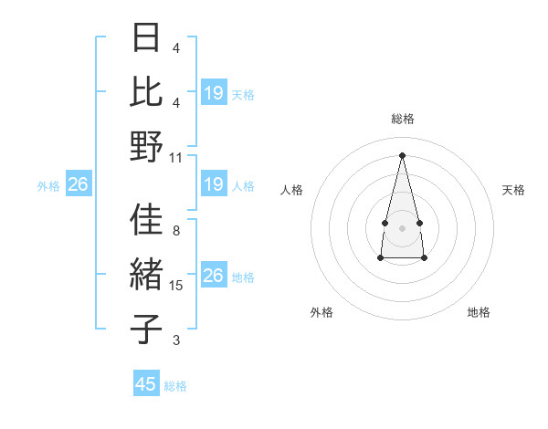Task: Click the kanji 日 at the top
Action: [x=146, y=39]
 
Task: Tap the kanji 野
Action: [x=146, y=146]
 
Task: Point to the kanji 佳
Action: [x=146, y=220]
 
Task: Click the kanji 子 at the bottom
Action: [x=146, y=329]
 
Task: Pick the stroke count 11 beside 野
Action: [x=176, y=157]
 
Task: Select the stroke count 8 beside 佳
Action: [x=176, y=231]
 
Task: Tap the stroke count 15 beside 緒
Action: [x=176, y=286]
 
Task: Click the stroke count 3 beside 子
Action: [x=176, y=340]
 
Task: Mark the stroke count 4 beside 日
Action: [x=176, y=47]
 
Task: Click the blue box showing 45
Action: [x=146, y=384]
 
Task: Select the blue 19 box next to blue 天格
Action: [x=214, y=93]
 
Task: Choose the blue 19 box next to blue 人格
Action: [x=214, y=185]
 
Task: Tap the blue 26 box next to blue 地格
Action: [x=214, y=276]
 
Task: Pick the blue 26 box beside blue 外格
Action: [x=78, y=185]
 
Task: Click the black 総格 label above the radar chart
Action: [x=403, y=119]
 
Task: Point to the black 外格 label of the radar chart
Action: [x=321, y=312]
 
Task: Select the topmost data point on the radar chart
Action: [x=402, y=154]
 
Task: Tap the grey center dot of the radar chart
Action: [x=402, y=226]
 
